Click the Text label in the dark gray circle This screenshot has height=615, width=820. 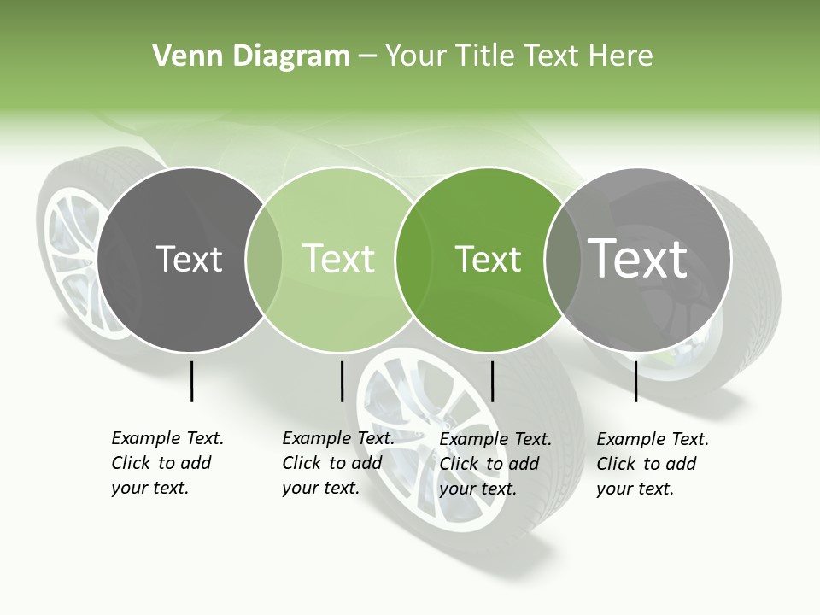point(189,259)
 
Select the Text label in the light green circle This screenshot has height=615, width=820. point(338,259)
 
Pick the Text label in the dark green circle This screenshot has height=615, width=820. point(488,259)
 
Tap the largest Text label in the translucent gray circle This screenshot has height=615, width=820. point(638,259)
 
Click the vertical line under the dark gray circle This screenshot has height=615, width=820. point(191,381)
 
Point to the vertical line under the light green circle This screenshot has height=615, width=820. point(342,381)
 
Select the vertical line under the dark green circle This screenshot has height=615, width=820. point(492,381)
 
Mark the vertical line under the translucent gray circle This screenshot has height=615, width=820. point(635,381)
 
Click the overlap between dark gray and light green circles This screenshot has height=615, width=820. point(264,260)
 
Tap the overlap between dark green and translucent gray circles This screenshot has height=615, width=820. point(561,260)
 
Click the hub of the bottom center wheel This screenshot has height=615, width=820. point(444,425)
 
